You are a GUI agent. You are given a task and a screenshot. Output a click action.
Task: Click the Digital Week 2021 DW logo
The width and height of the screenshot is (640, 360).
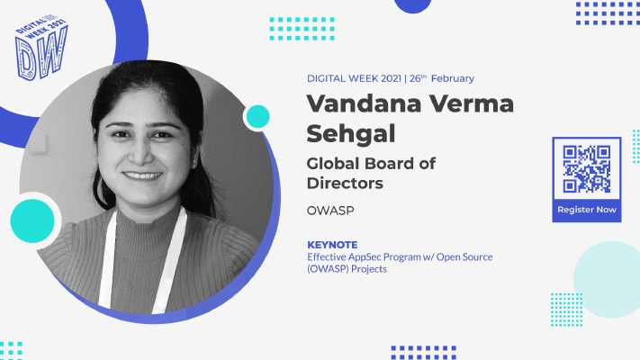pos(41,48)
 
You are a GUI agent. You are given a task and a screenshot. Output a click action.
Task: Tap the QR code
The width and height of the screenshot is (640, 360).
pos(587,169)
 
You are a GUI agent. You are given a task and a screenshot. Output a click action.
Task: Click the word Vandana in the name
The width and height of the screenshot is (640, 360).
pos(364,103)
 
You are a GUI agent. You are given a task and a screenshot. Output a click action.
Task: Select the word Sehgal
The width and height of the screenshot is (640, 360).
pos(351,134)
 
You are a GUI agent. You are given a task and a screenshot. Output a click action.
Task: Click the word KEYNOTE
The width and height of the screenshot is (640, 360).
pos(332,245)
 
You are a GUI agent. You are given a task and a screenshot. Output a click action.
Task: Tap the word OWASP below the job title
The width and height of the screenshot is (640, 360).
pos(330,211)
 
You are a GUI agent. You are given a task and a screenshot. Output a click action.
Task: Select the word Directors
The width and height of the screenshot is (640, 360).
pos(345,184)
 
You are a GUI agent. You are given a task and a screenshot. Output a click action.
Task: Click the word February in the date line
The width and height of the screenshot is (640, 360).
pos(453,78)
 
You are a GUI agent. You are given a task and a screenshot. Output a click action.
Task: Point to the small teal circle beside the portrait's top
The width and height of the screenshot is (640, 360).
pos(258,117)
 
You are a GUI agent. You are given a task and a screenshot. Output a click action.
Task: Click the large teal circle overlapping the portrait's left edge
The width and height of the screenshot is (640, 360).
pos(32,220)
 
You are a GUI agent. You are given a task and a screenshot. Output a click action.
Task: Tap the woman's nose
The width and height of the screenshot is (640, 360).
pos(140,155)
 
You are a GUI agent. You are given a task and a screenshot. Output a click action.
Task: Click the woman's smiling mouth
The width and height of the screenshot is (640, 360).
pos(142,175)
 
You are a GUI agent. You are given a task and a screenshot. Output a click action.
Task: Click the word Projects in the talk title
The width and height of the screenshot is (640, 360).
pos(369,269)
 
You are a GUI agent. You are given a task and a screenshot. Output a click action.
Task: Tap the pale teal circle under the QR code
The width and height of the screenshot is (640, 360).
pos(607,279)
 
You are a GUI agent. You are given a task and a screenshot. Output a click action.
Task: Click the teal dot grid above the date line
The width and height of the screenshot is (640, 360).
pos(302,29)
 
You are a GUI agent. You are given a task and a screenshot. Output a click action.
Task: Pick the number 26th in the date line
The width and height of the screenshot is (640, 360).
pos(418,78)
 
